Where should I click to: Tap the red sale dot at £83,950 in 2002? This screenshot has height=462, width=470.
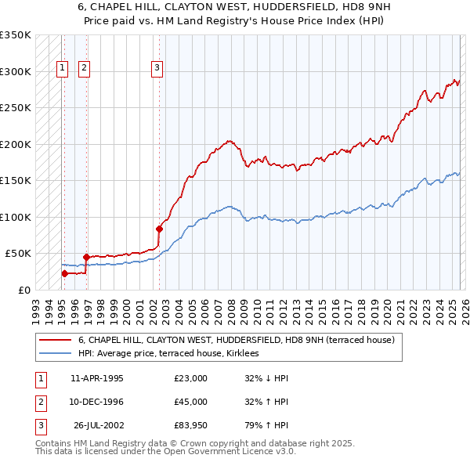(159, 229)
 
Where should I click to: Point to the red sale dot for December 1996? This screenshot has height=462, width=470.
(86, 257)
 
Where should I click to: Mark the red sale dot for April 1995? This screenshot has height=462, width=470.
(64, 273)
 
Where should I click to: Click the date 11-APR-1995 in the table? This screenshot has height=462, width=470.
(96, 378)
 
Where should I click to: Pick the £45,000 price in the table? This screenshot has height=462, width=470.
(190, 402)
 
